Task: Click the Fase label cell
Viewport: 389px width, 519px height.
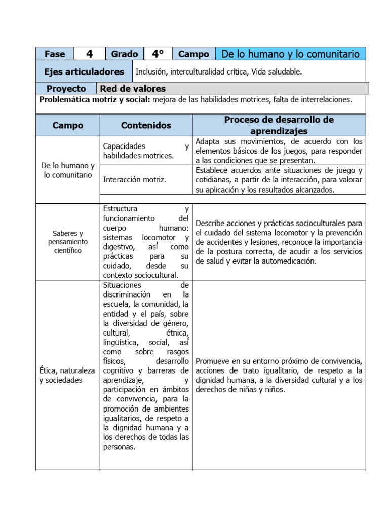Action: click(x=55, y=54)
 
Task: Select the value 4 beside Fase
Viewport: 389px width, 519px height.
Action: click(x=89, y=54)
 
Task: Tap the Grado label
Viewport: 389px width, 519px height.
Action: click(x=125, y=54)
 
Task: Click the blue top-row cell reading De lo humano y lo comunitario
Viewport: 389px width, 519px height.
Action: click(x=291, y=54)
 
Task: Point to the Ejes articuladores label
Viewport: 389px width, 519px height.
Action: click(x=84, y=72)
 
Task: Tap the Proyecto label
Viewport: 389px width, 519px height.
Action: click(x=66, y=89)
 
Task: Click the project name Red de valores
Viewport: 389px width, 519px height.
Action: click(x=133, y=89)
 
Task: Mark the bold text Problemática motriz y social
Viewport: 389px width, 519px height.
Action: click(x=95, y=100)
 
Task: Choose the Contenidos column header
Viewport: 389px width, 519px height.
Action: click(x=146, y=125)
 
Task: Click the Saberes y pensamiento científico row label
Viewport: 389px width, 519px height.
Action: click(x=68, y=242)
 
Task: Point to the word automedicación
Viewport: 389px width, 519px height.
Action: click(x=289, y=262)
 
